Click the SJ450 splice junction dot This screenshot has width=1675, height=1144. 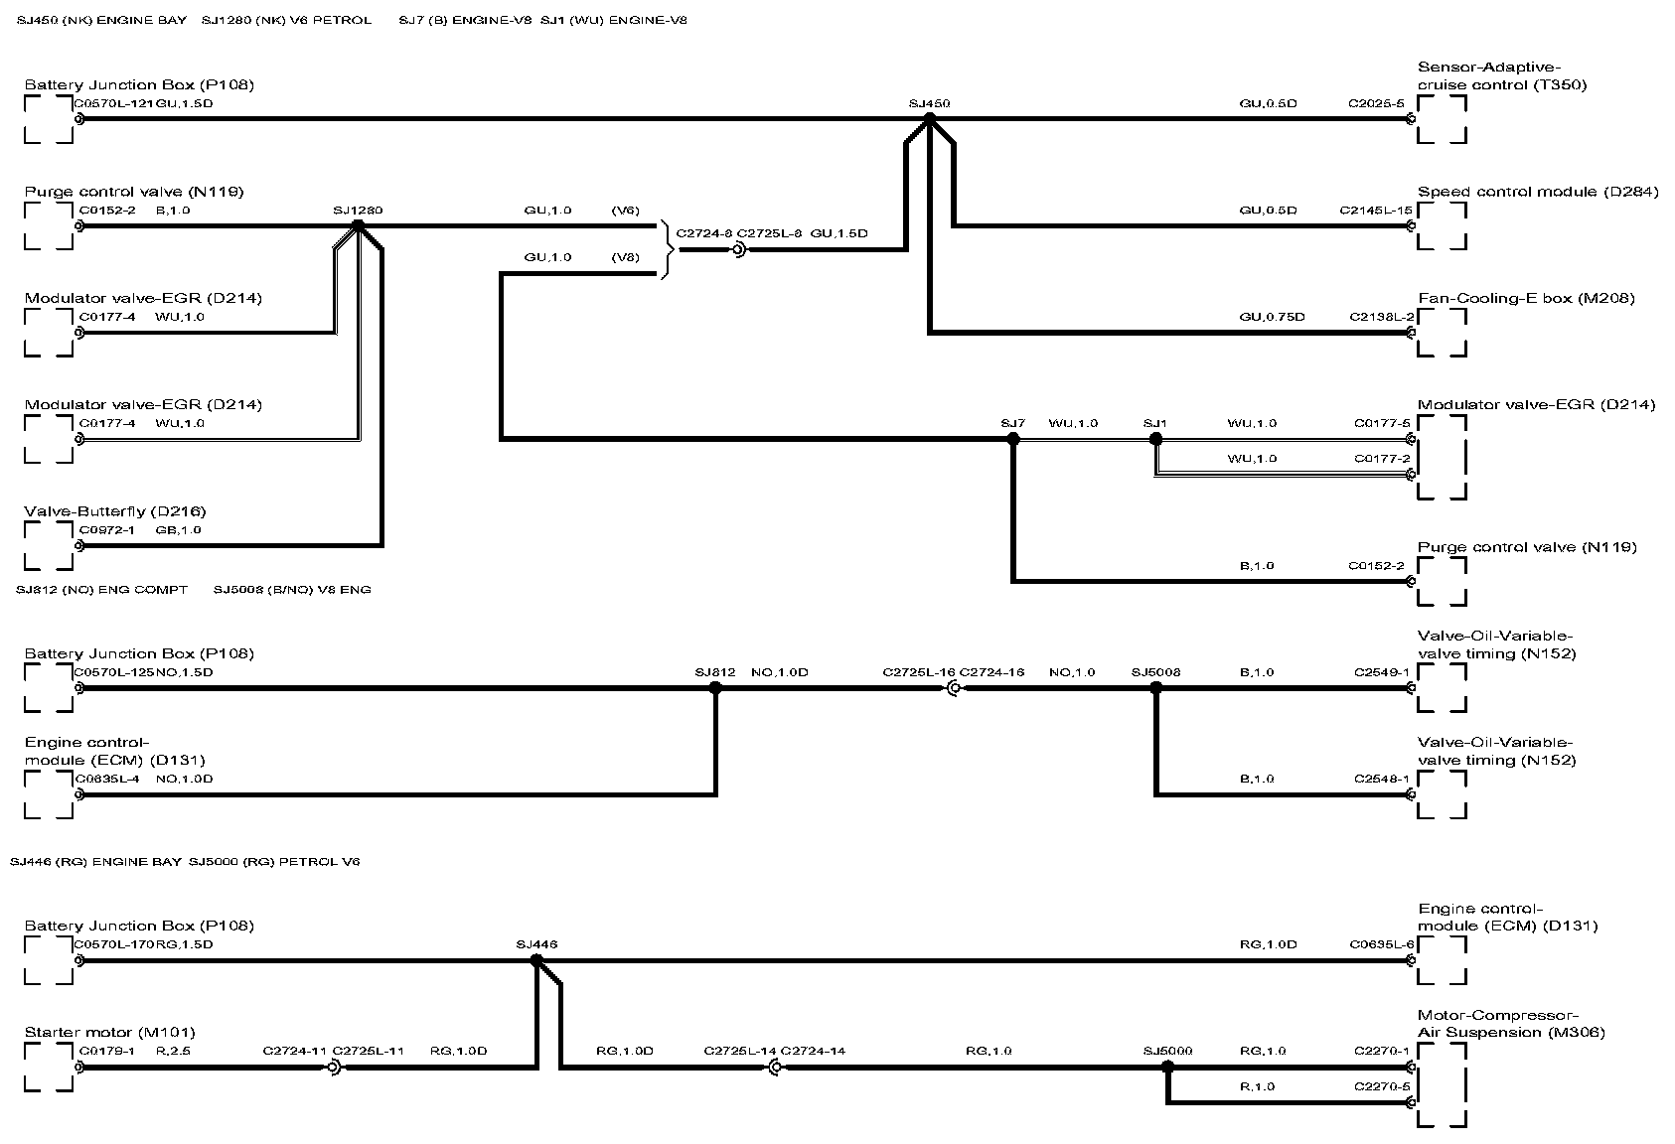click(x=930, y=118)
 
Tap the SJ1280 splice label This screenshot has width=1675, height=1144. click(x=358, y=211)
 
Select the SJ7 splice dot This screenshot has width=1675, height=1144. click(x=1012, y=438)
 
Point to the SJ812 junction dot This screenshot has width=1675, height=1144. click(x=715, y=687)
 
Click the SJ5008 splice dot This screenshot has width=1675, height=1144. click(x=1155, y=687)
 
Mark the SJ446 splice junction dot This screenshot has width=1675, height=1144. click(x=536, y=960)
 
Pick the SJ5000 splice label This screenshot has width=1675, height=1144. click(x=1167, y=1051)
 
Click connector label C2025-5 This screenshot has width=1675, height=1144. click(x=1376, y=103)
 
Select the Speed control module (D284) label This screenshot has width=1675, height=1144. click(x=1538, y=192)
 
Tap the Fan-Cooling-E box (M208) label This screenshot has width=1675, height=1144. click(x=1526, y=298)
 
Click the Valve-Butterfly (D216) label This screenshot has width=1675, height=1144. click(x=115, y=511)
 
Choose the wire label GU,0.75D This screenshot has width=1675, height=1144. click(x=1272, y=317)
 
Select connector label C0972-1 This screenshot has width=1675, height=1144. click(x=107, y=530)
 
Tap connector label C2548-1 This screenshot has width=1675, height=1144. click(x=1381, y=779)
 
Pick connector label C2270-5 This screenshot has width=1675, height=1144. click(x=1381, y=1086)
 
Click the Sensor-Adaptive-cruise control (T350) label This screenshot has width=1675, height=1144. click(x=1501, y=76)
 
